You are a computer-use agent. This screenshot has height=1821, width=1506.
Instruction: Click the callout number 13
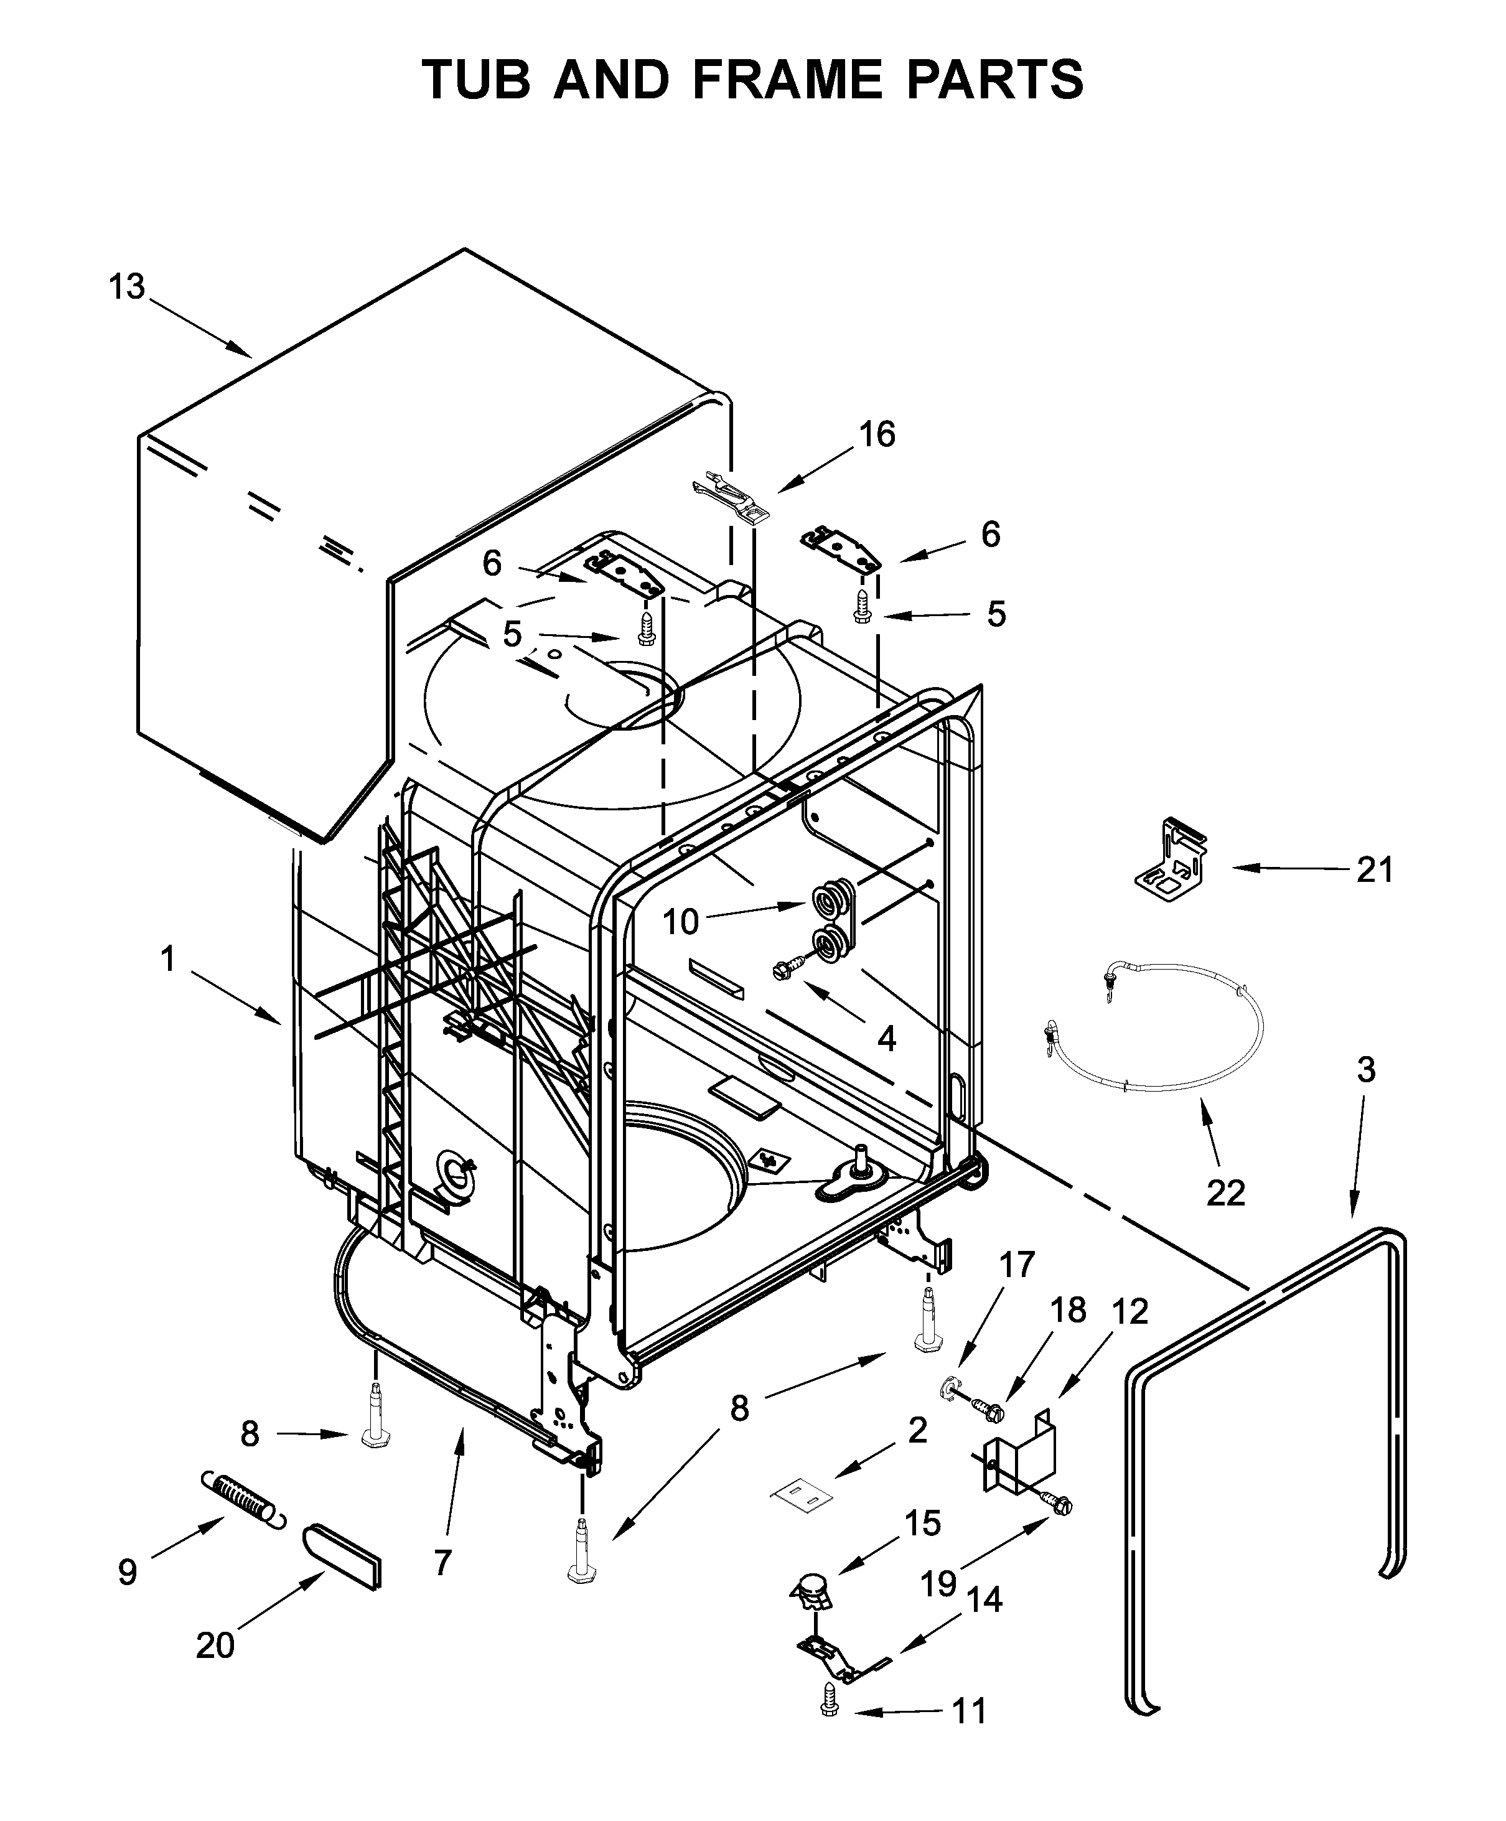tap(126, 286)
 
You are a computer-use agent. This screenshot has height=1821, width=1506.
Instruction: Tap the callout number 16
tap(877, 434)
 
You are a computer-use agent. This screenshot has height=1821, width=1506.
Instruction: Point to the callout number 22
tap(1225, 1193)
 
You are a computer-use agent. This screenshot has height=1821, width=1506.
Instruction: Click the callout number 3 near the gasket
tap(1365, 1070)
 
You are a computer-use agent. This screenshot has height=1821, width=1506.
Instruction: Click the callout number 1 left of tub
tap(168, 959)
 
